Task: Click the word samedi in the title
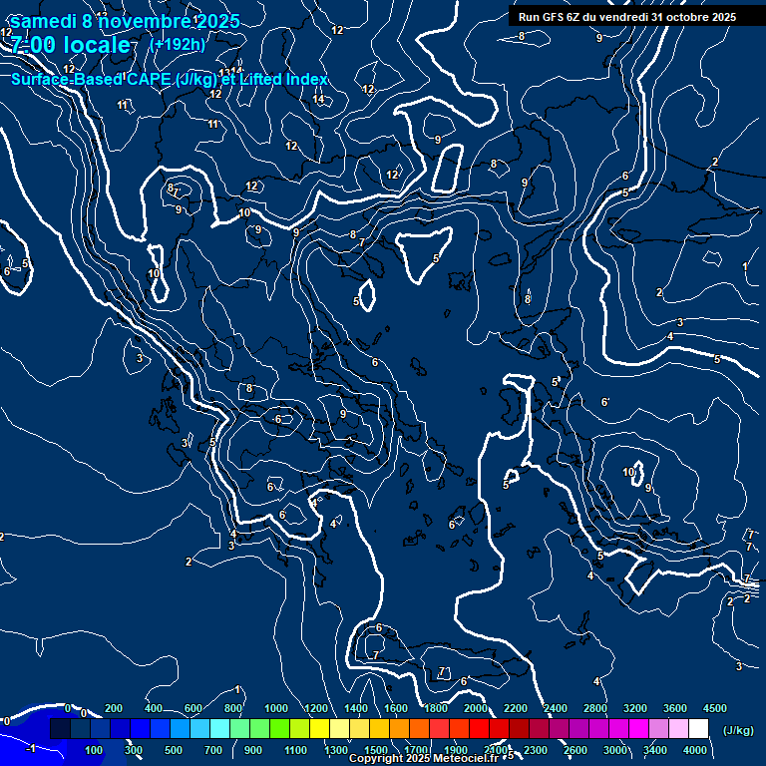coord(43,21)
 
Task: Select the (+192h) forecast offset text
coord(177,45)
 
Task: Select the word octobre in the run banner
coord(694,17)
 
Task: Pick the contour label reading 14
coord(318,99)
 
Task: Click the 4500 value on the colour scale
coord(714,708)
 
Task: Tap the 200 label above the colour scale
coord(114,708)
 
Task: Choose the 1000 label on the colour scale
coord(275,708)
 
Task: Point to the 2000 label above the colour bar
coord(476,708)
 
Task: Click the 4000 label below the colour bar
coord(695,750)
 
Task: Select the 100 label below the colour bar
coord(94,750)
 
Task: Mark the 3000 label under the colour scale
coord(615,750)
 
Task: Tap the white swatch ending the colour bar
coord(698,729)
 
